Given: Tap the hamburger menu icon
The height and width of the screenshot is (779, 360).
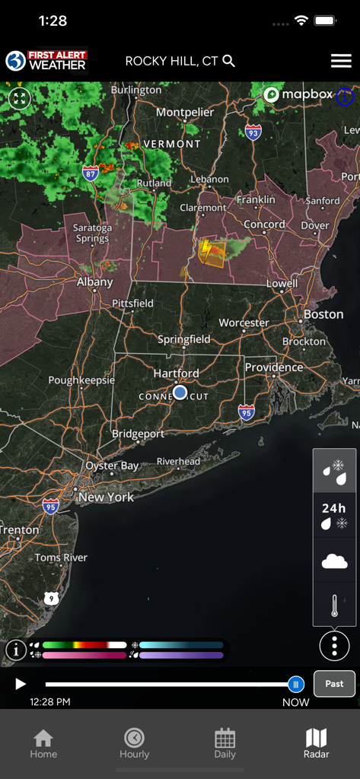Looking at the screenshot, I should click(341, 62).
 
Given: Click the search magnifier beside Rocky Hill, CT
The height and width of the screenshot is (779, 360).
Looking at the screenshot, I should click(228, 62).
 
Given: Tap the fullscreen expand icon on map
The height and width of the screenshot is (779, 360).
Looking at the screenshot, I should click(19, 98).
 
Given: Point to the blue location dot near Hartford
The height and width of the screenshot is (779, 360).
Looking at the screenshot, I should click(180, 393).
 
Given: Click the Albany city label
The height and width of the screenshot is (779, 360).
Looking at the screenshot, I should click(94, 282).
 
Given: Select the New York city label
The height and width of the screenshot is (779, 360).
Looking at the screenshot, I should click(106, 498).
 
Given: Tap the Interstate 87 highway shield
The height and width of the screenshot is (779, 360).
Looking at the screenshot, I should click(91, 172).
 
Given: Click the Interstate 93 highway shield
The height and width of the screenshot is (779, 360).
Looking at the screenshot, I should click(253, 133).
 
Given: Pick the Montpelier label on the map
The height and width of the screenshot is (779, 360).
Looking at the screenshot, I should click(185, 113).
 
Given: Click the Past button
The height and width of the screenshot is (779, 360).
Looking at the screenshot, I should click(334, 683).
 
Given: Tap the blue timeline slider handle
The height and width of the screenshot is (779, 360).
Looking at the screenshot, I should click(296, 684).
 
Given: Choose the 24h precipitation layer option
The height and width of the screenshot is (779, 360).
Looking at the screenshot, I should click(334, 515).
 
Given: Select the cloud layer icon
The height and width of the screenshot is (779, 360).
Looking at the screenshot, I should click(334, 561).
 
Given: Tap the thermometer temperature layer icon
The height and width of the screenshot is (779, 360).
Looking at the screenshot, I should click(334, 606).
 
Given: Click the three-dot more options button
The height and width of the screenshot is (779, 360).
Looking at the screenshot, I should click(334, 646).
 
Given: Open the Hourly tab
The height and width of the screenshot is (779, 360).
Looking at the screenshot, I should click(134, 743).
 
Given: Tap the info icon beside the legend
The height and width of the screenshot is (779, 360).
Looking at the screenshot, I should click(16, 650).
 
